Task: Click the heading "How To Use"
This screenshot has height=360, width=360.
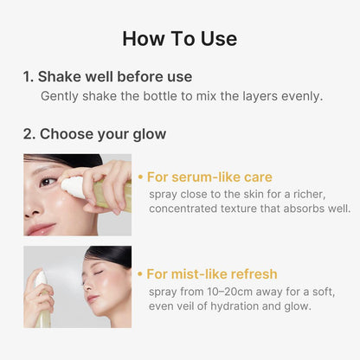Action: click(x=179, y=38)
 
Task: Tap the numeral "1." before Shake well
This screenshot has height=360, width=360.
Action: click(x=29, y=77)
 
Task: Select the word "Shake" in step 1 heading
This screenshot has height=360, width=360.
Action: click(x=62, y=77)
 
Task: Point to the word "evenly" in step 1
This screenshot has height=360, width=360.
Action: click(x=299, y=96)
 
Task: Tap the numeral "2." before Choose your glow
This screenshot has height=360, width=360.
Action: click(x=29, y=134)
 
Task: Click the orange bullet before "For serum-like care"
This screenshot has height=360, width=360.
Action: click(x=140, y=177)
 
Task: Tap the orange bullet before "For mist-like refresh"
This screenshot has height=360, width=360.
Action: click(x=140, y=274)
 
